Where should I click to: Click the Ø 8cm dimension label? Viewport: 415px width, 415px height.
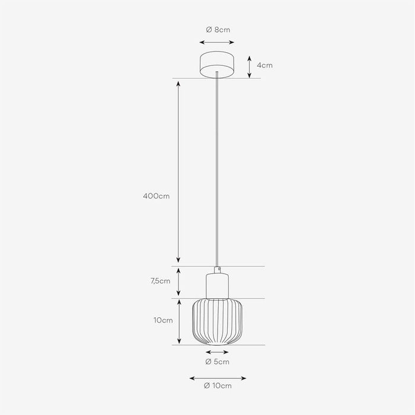point(218,30)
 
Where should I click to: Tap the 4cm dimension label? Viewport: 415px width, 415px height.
point(264,65)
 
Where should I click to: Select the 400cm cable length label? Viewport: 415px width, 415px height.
point(156,196)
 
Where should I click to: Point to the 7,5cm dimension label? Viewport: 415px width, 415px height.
point(161,281)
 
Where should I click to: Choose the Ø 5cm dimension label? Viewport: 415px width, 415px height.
point(218,362)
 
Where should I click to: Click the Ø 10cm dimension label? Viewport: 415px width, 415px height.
point(218,385)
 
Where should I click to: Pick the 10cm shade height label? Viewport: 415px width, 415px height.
point(163,320)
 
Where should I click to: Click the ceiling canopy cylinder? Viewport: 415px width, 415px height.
point(217,65)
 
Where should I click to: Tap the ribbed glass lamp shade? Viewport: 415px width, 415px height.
point(217,321)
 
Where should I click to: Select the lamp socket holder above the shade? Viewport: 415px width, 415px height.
point(218,286)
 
